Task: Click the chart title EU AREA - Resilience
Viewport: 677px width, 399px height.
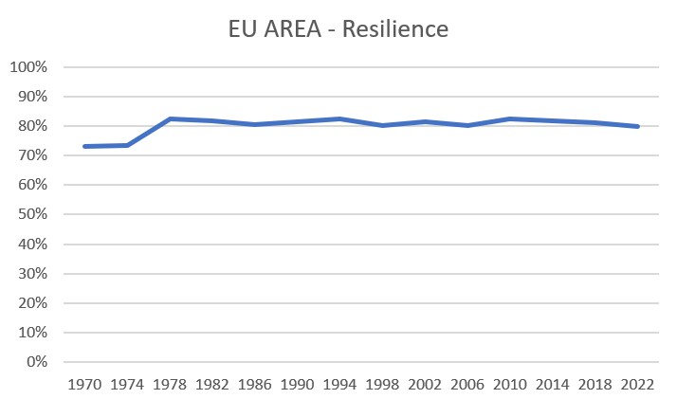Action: pyautogui.click(x=338, y=29)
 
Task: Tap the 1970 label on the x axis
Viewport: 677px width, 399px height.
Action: pyautogui.click(x=84, y=385)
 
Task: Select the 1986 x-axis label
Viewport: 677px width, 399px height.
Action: pyautogui.click(x=255, y=385)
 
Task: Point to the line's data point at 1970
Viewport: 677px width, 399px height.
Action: pyautogui.click(x=84, y=146)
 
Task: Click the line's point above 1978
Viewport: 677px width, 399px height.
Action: pyautogui.click(x=170, y=118)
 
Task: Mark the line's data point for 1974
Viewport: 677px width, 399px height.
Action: pyautogui.click(x=127, y=145)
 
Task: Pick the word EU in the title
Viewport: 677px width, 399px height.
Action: pyautogui.click(x=242, y=29)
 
